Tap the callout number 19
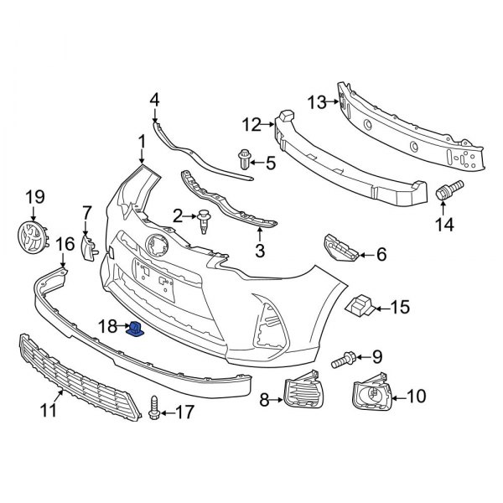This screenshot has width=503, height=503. (x=34, y=197)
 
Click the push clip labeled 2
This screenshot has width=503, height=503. (x=205, y=220)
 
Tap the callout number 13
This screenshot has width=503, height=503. (x=316, y=102)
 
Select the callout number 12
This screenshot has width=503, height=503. (x=252, y=126)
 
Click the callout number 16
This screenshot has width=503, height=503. (x=65, y=244)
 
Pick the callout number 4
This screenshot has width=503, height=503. (x=154, y=101)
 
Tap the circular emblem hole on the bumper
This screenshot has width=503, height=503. (x=156, y=246)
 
